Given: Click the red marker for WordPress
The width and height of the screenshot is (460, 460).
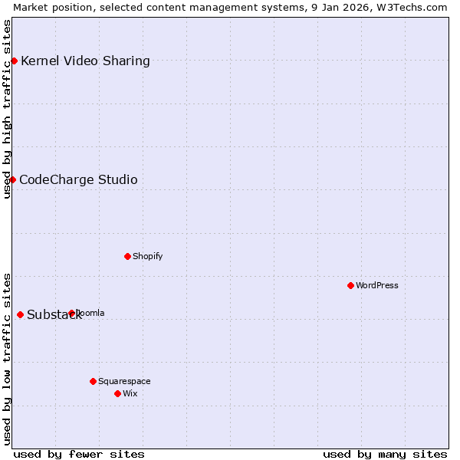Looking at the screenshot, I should coord(350,285).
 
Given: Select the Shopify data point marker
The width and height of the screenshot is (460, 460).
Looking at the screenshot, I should coord(127,256).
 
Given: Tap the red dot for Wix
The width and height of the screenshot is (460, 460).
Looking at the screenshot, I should coord(117,393).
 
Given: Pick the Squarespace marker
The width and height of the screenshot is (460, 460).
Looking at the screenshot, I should coord(93,381).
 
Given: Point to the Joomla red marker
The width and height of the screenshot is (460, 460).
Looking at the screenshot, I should coord(71,313).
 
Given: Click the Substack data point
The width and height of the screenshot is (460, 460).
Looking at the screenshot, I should coord(20,314).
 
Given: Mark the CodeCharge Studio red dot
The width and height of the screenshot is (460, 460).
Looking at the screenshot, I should coord(12,179).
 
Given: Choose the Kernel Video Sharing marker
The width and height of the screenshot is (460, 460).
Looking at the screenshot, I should coord(14,61).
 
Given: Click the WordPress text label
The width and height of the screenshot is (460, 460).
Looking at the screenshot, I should coord(377,285).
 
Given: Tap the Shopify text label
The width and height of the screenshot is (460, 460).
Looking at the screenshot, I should coord(147,256).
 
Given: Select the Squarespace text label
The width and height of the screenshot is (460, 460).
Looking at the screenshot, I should coord(124,381).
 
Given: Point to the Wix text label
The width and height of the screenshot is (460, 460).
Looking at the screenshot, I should coord(130,393).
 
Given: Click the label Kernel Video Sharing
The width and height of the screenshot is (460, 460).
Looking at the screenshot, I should coord(85,61).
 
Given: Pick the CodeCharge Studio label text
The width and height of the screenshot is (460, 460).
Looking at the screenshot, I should coord(78,179).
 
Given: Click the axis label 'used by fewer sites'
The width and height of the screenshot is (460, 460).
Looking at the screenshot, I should coord(79,454).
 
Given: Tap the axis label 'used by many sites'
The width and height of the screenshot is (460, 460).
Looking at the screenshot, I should coord(385,454).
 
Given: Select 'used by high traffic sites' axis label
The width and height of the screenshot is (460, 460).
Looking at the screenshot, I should coord(7,109).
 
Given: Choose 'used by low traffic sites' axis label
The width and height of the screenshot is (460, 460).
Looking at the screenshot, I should coord(7,359).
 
